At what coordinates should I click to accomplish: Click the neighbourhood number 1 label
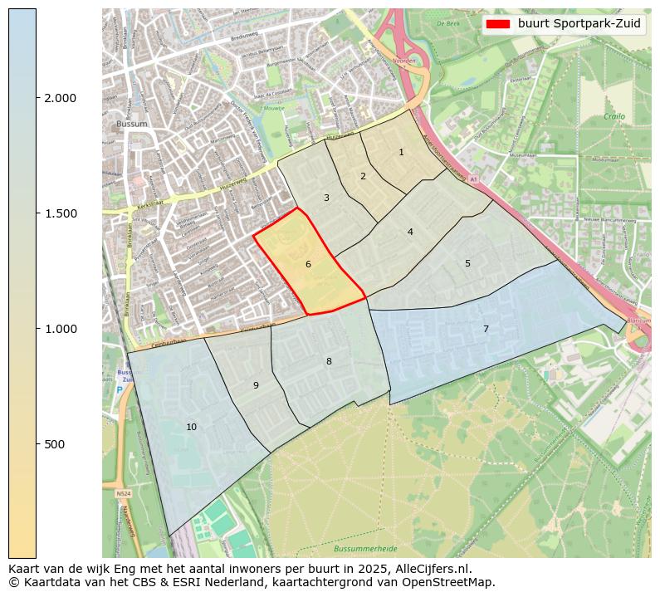tap(401, 152)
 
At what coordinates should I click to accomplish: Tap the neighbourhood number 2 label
tap(363, 176)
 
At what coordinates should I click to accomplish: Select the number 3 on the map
tap(326, 198)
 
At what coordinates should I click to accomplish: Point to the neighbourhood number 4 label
tap(410, 232)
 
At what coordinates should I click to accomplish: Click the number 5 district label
tap(467, 263)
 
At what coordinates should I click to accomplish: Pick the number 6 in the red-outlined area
tap(308, 264)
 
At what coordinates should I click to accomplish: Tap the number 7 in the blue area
tap(486, 329)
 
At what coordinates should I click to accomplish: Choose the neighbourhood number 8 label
tap(329, 361)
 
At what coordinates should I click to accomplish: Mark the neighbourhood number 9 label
tap(256, 385)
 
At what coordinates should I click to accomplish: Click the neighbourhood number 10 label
tap(192, 427)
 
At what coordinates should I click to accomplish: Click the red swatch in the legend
tap(498, 24)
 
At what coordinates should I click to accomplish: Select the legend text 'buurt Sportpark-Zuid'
tap(579, 24)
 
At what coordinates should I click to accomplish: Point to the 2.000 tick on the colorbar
tap(60, 98)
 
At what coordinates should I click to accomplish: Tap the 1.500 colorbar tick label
tap(60, 213)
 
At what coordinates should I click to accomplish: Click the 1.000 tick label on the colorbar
tap(60, 329)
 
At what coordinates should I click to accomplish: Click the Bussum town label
tap(131, 125)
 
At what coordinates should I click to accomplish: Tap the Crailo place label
tap(614, 117)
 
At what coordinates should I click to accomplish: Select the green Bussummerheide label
tap(365, 549)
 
